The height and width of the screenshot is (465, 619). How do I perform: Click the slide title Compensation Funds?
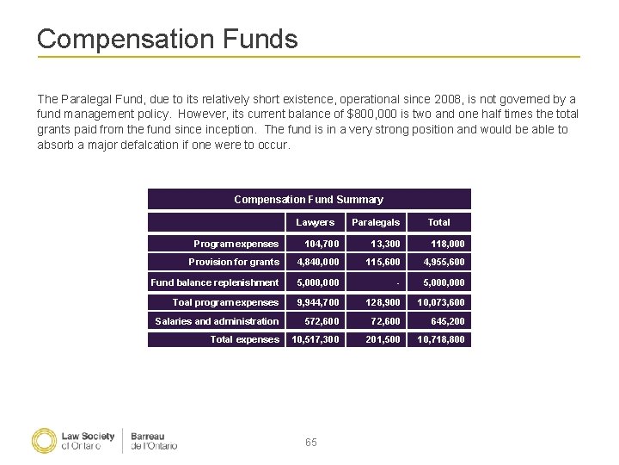pos(167,39)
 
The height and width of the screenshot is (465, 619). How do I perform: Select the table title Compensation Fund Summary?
pos(309,199)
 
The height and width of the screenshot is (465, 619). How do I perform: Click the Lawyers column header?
pos(316,222)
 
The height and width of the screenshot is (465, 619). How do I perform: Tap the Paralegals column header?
pos(376,222)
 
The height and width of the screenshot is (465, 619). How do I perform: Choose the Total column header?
pos(438,222)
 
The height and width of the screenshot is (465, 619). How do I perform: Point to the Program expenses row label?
pos(236,244)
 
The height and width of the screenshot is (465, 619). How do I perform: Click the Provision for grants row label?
pos(234,262)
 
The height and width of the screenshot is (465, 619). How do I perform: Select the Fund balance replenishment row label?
pos(215,282)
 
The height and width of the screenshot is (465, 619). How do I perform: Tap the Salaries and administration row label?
pos(217,321)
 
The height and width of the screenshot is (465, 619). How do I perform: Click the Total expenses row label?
pos(245,339)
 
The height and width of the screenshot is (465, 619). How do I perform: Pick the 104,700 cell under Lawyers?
pos(322,244)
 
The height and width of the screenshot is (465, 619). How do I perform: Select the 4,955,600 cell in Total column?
pos(444,262)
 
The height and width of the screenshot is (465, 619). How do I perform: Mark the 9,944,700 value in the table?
pos(318,302)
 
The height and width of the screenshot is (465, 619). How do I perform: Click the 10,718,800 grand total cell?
pos(441,339)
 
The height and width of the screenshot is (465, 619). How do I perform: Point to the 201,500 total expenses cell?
pos(383,339)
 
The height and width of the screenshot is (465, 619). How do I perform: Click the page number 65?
pos(310,442)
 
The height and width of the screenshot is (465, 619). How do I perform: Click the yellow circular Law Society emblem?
pos(44,440)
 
